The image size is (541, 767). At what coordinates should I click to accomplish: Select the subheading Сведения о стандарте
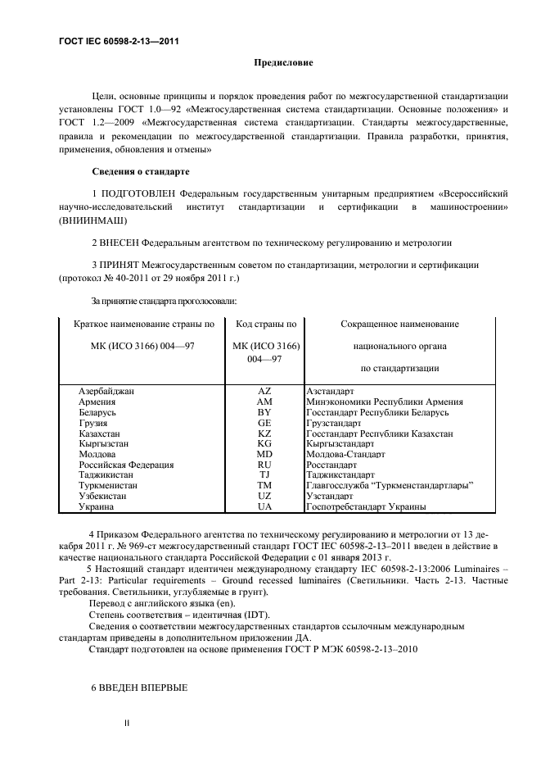pos(140,172)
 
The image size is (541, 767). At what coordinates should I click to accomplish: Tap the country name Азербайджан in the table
pos(106,392)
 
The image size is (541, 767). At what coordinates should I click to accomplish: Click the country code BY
pos(264,412)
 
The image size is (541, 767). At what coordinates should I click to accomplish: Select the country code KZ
pos(264,433)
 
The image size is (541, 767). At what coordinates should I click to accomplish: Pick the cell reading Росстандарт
pos(331,465)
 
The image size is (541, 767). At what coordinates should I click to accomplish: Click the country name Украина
pos(97,507)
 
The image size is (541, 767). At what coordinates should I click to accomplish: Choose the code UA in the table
pos(264,507)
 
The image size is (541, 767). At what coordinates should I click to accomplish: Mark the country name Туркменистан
pos(109,486)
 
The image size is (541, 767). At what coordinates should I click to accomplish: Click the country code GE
pos(264,423)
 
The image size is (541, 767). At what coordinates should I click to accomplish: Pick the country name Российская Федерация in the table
pos(126,465)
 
